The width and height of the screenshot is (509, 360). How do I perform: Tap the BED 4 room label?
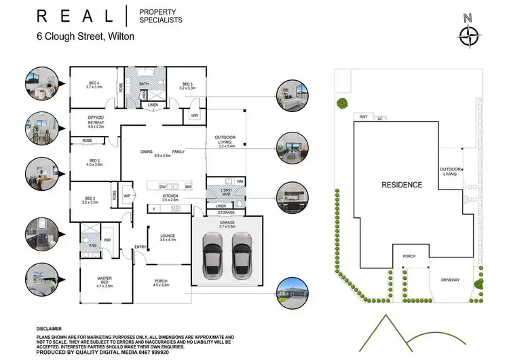click(94, 85)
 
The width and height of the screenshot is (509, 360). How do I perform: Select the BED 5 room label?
click(187, 85)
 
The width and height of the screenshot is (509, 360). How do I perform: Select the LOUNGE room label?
click(167, 236)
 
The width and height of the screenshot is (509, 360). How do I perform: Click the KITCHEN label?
click(170, 197)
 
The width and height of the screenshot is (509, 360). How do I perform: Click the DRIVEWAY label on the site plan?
click(450, 279)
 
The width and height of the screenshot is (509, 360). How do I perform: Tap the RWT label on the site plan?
click(364, 117)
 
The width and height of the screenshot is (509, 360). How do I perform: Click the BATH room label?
click(144, 84)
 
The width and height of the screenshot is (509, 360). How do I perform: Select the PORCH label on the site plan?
click(409, 256)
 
